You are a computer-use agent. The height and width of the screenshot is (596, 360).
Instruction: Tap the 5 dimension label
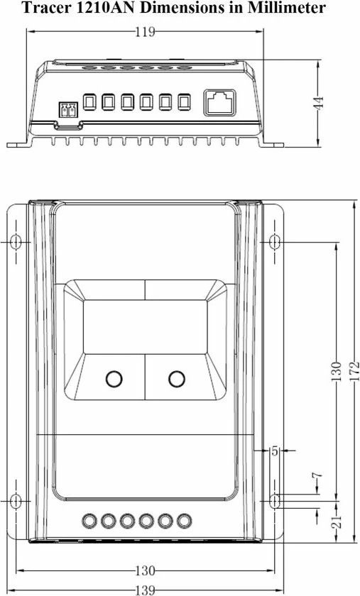coord(275,451)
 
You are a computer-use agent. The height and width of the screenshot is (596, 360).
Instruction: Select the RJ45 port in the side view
coord(218,102)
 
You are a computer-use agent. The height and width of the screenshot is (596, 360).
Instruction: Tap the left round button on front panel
coord(114,379)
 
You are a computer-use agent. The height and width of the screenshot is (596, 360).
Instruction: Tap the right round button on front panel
coord(177,379)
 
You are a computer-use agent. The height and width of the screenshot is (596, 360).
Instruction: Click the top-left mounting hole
coord(16,242)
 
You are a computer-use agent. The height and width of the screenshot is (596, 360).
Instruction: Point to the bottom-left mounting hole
coord(16,501)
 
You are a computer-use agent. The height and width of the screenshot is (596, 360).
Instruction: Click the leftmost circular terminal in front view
coord(89,521)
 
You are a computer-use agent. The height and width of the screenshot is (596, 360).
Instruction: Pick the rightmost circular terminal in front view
coord(184,521)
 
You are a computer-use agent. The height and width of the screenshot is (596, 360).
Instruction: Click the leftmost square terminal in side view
coord(89,102)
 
